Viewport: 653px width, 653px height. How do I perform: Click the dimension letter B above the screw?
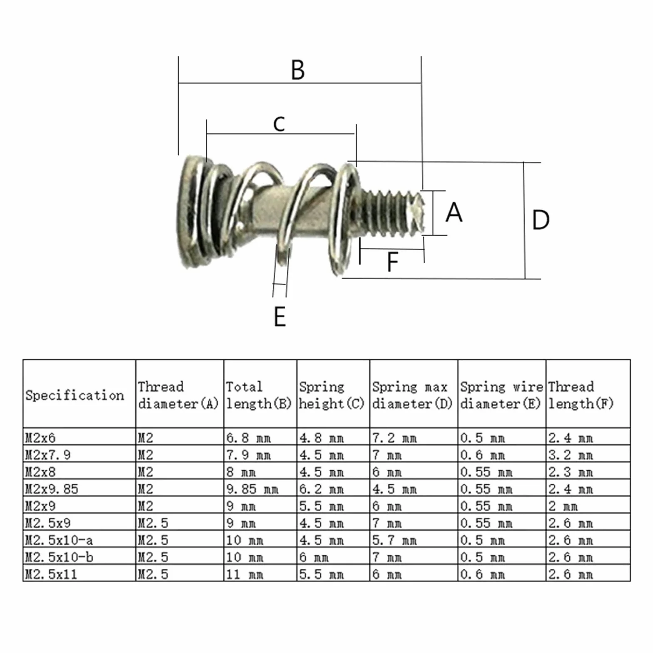298,70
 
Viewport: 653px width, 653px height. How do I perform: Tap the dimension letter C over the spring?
279,124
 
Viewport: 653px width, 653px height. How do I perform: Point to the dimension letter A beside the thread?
454,212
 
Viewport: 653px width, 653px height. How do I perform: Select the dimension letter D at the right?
541,220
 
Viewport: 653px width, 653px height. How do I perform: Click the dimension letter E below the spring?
280,317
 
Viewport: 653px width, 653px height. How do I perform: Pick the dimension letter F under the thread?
392,262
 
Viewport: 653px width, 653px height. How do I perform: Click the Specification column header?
75,395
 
